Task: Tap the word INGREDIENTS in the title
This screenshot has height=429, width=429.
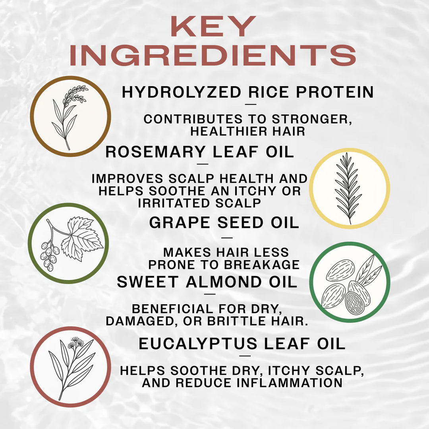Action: click(213, 56)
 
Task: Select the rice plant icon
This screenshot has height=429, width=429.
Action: click(70, 116)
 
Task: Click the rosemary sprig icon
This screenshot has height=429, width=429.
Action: click(349, 188)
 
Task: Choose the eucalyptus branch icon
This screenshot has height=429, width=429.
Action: click(70, 366)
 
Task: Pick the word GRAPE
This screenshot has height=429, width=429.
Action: click(181, 222)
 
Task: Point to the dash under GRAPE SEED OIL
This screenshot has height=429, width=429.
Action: click(227, 238)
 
